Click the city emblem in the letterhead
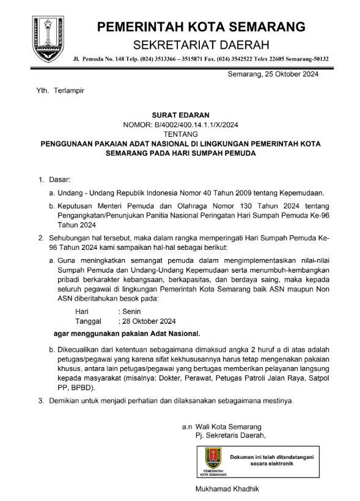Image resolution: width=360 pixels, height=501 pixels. (48, 39)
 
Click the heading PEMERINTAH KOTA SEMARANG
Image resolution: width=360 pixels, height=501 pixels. (201, 26)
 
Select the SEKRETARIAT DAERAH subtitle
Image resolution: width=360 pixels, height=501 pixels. (201, 45)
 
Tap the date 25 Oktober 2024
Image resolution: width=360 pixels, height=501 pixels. (290, 75)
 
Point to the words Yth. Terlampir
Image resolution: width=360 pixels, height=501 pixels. (59, 90)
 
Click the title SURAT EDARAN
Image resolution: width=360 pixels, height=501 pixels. (180, 115)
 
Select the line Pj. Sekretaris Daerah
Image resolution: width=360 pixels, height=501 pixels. (230, 435)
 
